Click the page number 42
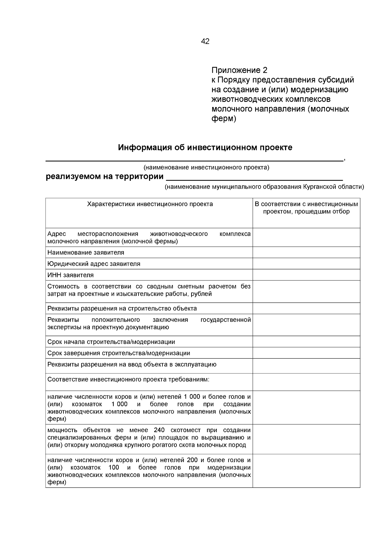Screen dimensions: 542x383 tap(205, 41)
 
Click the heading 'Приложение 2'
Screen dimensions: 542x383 tap(239, 70)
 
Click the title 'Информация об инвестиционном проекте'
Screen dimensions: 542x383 tap(205, 148)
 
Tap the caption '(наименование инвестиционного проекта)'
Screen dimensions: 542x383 tap(206, 167)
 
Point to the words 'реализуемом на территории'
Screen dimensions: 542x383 tap(105, 177)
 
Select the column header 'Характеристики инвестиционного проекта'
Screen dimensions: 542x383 tap(150, 204)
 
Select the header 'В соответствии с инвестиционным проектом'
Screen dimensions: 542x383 tap(306, 208)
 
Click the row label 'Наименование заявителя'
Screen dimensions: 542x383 tap(86, 253)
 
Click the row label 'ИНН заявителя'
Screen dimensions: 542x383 tap(70, 275)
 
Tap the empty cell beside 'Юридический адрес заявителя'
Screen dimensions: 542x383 tap(306, 264)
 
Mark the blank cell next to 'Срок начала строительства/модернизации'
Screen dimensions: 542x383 tap(306, 342)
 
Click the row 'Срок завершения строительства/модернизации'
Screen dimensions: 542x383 tap(119, 353)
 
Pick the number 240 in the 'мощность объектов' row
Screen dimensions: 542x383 tap(159, 430)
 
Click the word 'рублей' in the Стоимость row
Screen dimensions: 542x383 tap(201, 294)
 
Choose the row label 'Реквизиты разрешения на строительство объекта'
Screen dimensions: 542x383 tap(122, 309)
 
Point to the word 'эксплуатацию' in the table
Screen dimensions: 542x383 tap(197, 364)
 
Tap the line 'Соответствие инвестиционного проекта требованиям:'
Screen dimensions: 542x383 tap(128, 379)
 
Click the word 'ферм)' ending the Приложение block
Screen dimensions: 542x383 tap(224, 119)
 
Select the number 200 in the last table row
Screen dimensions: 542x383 tap(192, 460)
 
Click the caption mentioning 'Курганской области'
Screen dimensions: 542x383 tap(264, 187)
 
